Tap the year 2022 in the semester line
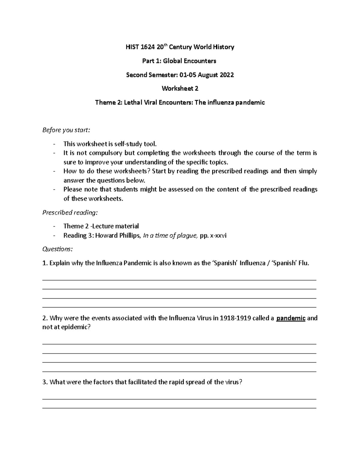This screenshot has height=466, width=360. [227, 75]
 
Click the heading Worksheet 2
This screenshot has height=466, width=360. [180, 89]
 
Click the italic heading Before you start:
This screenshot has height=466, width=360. [66, 130]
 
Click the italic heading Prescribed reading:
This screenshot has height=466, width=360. [70, 213]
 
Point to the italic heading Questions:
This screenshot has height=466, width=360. [57, 249]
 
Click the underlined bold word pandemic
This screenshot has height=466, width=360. [291, 318]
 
